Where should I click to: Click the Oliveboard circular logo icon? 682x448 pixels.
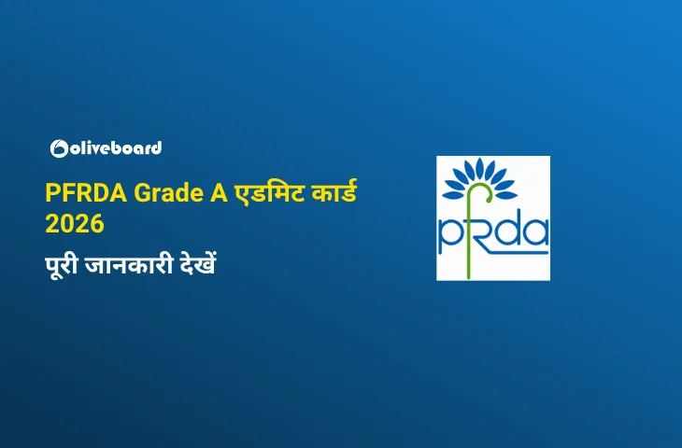pyautogui.click(x=59, y=148)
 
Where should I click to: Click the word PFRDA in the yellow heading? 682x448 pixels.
pyautogui.click(x=86, y=193)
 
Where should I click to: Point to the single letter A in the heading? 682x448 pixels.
pyautogui.click(x=220, y=193)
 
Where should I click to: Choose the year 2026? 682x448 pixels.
pyautogui.click(x=75, y=224)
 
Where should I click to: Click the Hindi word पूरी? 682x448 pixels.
pyautogui.click(x=62, y=265)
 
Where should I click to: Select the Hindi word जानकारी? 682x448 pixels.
pyautogui.click(x=129, y=265)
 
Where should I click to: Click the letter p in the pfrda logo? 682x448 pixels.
pyautogui.click(x=448, y=237)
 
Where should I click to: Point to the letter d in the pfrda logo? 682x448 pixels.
pyautogui.click(x=508, y=231)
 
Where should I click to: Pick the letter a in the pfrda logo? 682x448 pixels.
pyautogui.click(x=536, y=232)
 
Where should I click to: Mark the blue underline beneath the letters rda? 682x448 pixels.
pyautogui.click(x=513, y=251)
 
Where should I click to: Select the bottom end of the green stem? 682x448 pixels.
pyautogui.click(x=468, y=277)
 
